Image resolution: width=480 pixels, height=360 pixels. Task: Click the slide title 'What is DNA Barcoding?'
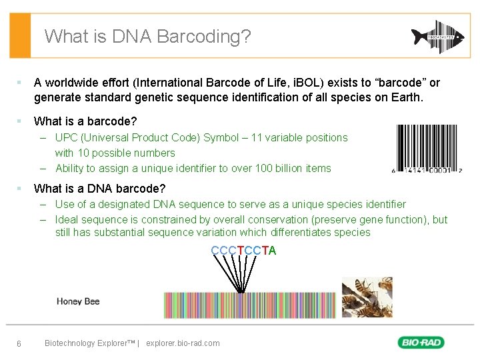tap(147, 36)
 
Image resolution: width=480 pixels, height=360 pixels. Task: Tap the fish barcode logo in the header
tap(435, 36)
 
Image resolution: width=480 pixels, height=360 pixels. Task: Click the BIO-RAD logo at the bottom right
tap(421, 343)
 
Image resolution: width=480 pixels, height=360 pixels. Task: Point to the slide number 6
tap(19, 343)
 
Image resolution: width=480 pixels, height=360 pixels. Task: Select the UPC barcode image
tap(428, 148)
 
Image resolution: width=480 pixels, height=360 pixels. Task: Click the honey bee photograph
tap(367, 297)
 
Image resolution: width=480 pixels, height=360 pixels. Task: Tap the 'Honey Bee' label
tap(78, 302)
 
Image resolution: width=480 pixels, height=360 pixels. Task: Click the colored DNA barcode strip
tap(250, 305)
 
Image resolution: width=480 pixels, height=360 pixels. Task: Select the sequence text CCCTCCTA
tap(243, 251)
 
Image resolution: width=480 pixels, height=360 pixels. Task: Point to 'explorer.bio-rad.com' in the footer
tap(182, 343)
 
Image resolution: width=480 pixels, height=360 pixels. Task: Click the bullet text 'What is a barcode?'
tap(85, 121)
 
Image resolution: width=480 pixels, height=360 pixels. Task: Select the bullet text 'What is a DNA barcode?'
tap(100, 189)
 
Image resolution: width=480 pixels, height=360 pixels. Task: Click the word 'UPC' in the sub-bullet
tap(67, 138)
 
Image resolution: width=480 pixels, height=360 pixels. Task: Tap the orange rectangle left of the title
tap(20, 36)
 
